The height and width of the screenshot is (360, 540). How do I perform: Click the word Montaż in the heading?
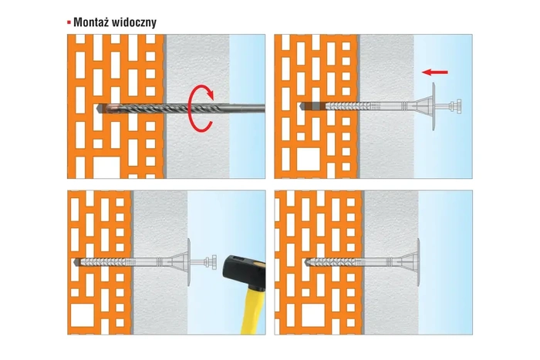pos(94,22)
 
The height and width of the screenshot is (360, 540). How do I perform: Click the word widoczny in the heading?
pos(136,22)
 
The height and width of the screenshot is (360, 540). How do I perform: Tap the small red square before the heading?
pos(69,22)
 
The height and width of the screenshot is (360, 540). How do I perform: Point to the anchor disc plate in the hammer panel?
pos(188,261)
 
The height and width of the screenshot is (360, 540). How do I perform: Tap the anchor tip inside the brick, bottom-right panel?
pos(308,261)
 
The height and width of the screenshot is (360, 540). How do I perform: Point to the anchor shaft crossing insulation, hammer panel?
pos(158,261)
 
